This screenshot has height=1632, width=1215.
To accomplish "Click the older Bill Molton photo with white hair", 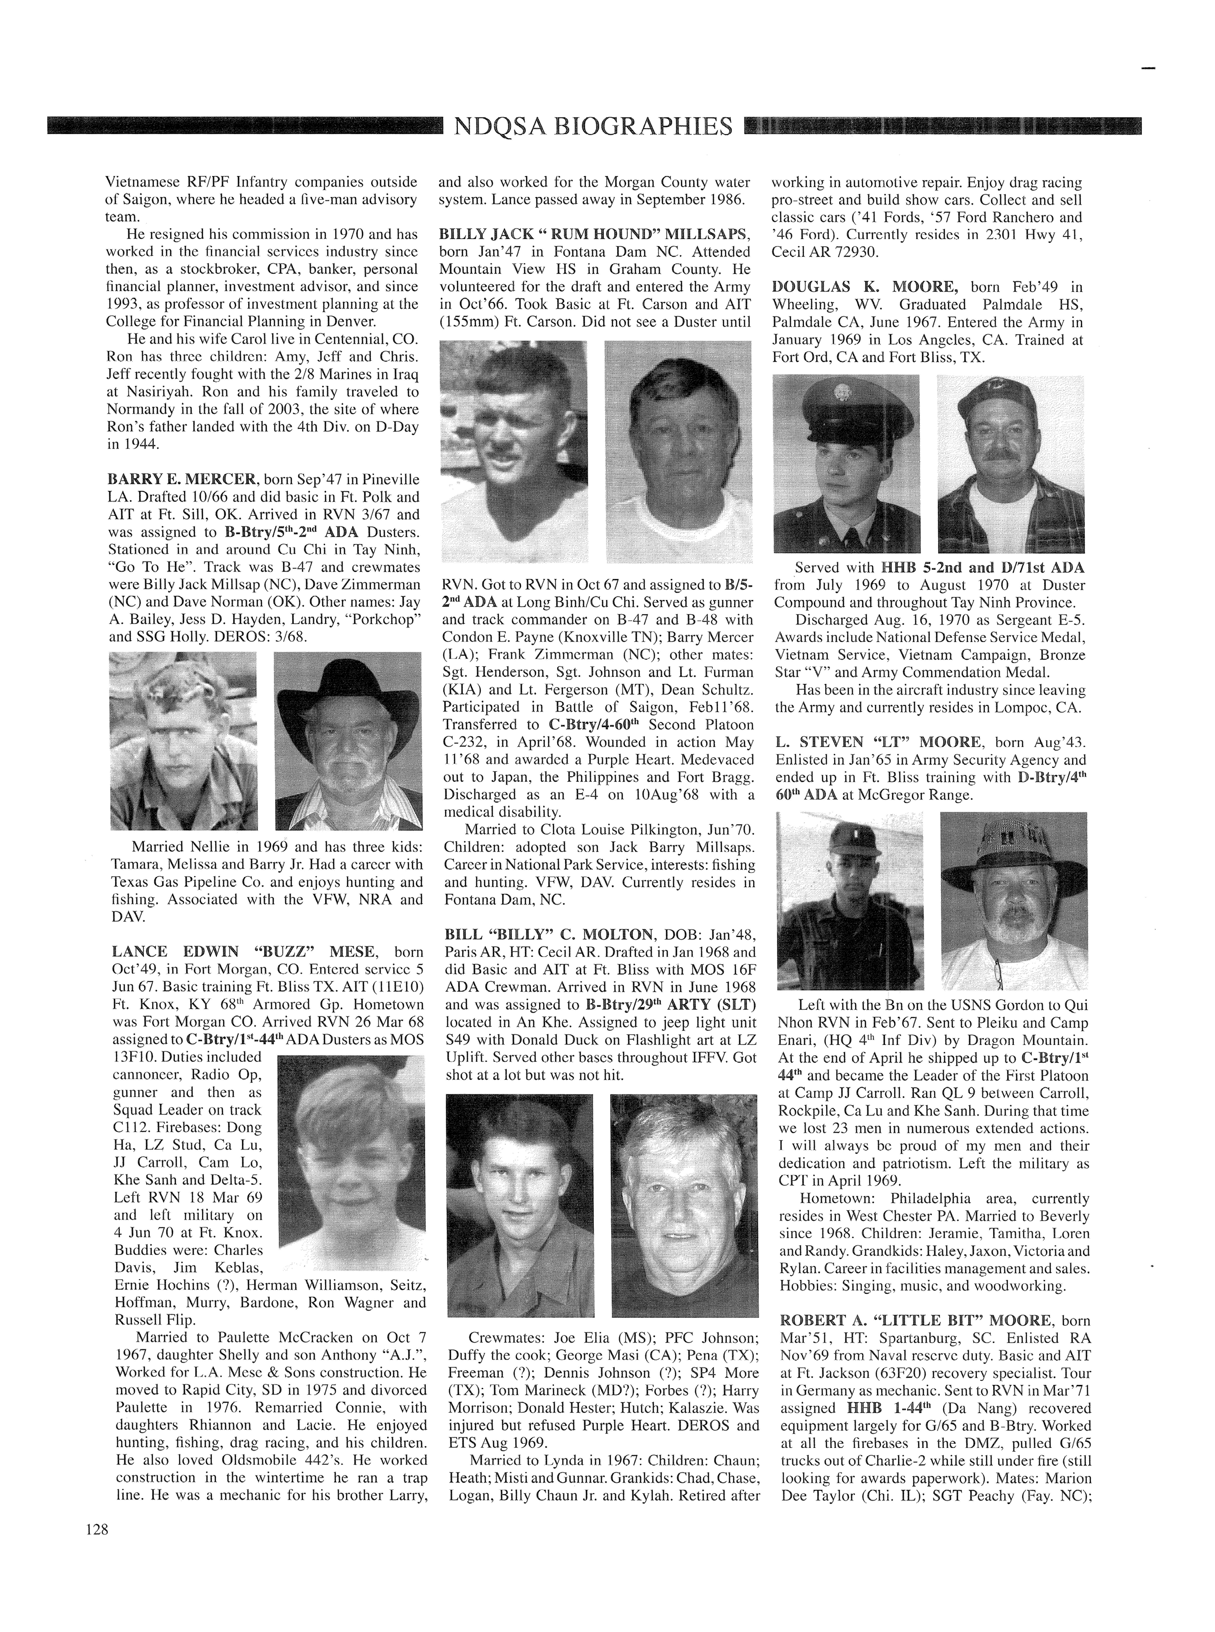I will pos(684,1205).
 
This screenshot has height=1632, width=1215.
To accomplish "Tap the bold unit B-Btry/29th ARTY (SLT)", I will pos(671,1005).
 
